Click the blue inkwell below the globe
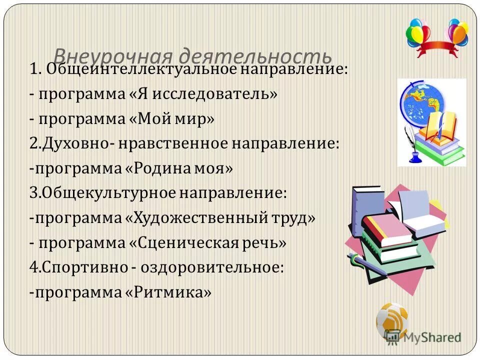point(414,156)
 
